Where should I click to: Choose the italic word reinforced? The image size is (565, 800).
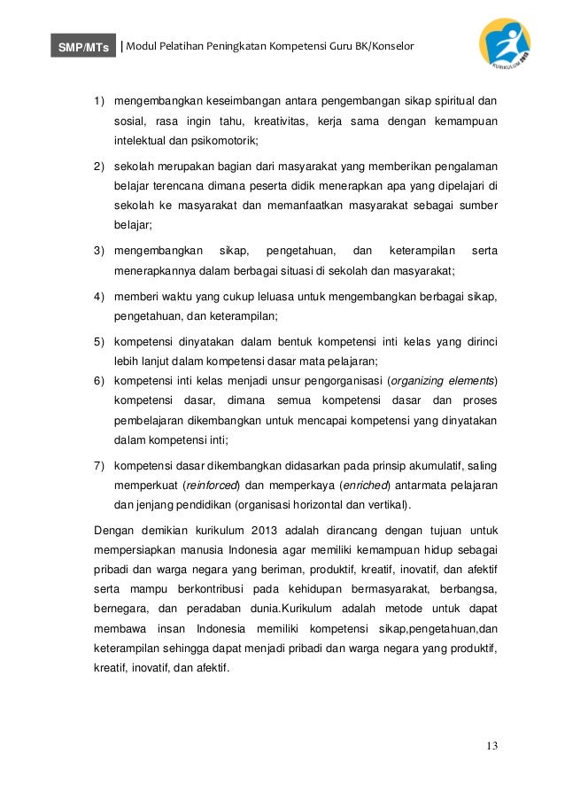point(211,486)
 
